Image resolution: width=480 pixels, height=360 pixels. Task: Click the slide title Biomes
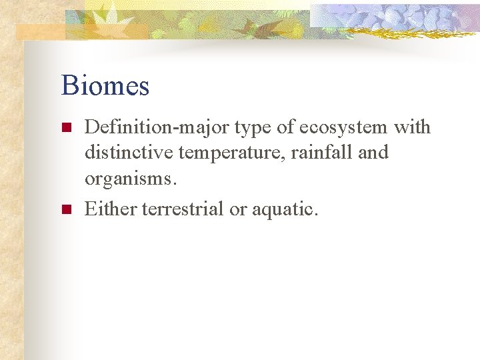(x=105, y=86)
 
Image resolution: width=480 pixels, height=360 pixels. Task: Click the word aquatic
(x=285, y=210)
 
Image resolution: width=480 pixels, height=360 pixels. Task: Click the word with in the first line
(x=413, y=127)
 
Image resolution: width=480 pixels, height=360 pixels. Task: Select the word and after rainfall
(x=373, y=153)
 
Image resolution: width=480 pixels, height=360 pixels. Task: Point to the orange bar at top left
(x=40, y=32)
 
